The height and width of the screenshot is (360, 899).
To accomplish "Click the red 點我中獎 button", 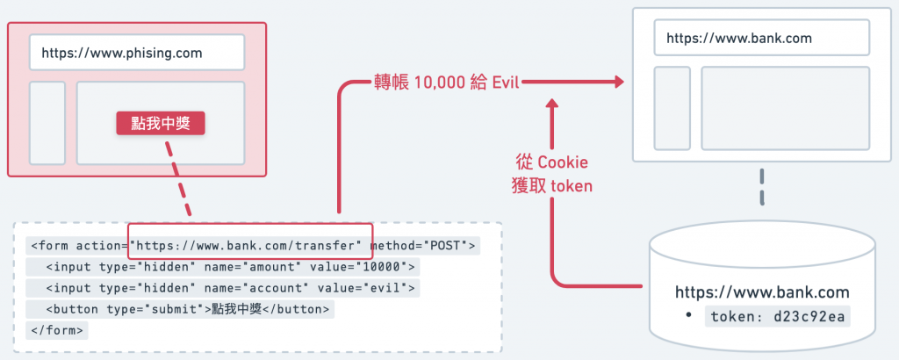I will coord(160,123).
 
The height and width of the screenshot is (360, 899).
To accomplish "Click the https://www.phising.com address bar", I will coord(136,53).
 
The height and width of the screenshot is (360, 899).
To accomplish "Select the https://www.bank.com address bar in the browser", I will coord(761,38).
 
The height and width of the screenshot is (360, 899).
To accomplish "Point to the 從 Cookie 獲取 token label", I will coord(552,174).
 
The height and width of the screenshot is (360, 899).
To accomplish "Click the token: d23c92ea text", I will coord(778,317).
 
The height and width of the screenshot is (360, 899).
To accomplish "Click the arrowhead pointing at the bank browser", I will coord(617,83).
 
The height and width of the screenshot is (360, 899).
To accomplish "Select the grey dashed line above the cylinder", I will coord(762,187).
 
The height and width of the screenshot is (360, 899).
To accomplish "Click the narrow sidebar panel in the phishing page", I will coord(47,123).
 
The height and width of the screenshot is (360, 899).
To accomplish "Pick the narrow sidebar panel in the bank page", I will coord(672,108).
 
